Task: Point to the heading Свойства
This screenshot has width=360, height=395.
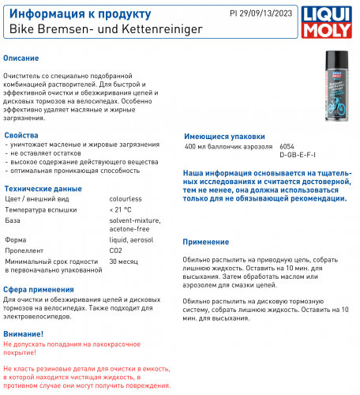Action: click(x=21, y=136)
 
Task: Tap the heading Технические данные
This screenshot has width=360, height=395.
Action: click(x=43, y=189)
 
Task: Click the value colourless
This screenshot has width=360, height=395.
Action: click(x=126, y=200)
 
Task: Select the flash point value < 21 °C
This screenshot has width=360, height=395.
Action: click(x=122, y=210)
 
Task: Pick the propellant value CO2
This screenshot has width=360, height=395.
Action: click(x=115, y=250)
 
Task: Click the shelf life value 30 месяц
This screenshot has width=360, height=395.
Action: click(x=124, y=260)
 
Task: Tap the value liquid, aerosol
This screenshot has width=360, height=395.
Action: click(x=131, y=239)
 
